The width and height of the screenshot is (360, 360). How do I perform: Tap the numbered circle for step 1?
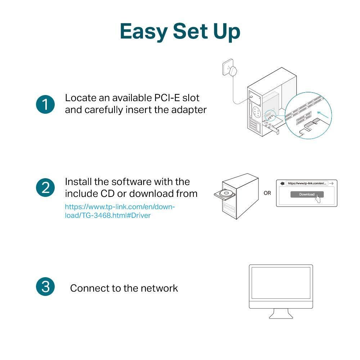[45, 104]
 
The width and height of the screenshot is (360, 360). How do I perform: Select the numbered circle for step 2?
[45, 188]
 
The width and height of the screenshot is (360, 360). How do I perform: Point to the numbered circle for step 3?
[45, 287]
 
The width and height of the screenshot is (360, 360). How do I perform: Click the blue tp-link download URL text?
[120, 211]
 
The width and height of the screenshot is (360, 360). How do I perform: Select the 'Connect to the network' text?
[124, 288]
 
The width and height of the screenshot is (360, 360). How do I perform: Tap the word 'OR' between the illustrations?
[267, 193]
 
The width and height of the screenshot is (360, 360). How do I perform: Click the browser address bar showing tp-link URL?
[307, 183]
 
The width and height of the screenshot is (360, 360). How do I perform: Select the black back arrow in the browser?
[282, 183]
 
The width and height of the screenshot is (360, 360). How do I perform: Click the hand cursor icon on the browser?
[318, 198]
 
